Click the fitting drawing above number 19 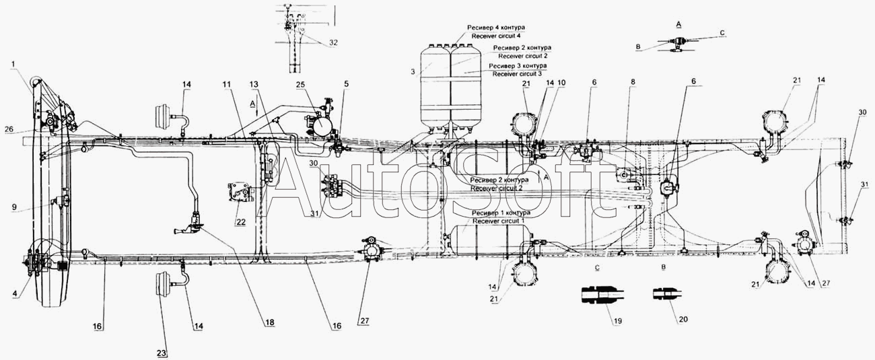(599, 295)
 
